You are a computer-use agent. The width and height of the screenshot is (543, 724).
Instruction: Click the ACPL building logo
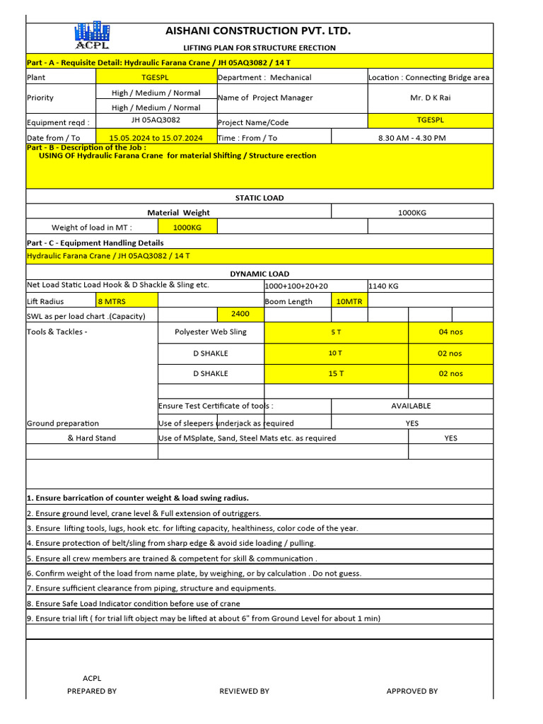93,36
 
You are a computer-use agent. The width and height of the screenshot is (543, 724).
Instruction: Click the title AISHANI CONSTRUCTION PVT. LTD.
258,31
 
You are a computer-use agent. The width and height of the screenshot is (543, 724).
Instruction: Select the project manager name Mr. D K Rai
430,98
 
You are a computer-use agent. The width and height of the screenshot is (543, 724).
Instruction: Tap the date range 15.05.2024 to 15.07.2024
156,138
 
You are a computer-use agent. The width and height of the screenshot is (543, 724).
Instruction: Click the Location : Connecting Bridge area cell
429,77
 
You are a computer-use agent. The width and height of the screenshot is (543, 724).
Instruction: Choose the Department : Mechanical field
264,77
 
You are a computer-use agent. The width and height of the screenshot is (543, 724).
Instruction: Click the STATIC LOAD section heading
259,198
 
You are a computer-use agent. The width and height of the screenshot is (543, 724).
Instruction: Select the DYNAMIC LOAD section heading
259,274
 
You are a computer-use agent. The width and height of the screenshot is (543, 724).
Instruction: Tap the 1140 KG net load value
384,286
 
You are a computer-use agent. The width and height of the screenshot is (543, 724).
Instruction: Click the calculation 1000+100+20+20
296,286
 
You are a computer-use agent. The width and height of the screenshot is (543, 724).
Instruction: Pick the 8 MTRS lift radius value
112,301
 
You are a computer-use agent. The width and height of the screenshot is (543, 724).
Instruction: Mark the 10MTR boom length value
349,301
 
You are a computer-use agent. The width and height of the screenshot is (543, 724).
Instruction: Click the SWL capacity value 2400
240,313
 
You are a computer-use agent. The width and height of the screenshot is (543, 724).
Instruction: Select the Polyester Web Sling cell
211,332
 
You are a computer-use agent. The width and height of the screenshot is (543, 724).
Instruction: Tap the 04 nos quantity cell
450,332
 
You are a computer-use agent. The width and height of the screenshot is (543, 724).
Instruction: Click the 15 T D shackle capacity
335,373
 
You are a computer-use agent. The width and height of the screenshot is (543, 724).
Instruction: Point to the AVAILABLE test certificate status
411,406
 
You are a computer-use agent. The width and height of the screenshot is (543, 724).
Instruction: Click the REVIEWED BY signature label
244,691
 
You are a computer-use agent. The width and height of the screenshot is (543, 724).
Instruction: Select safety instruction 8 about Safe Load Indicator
134,603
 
